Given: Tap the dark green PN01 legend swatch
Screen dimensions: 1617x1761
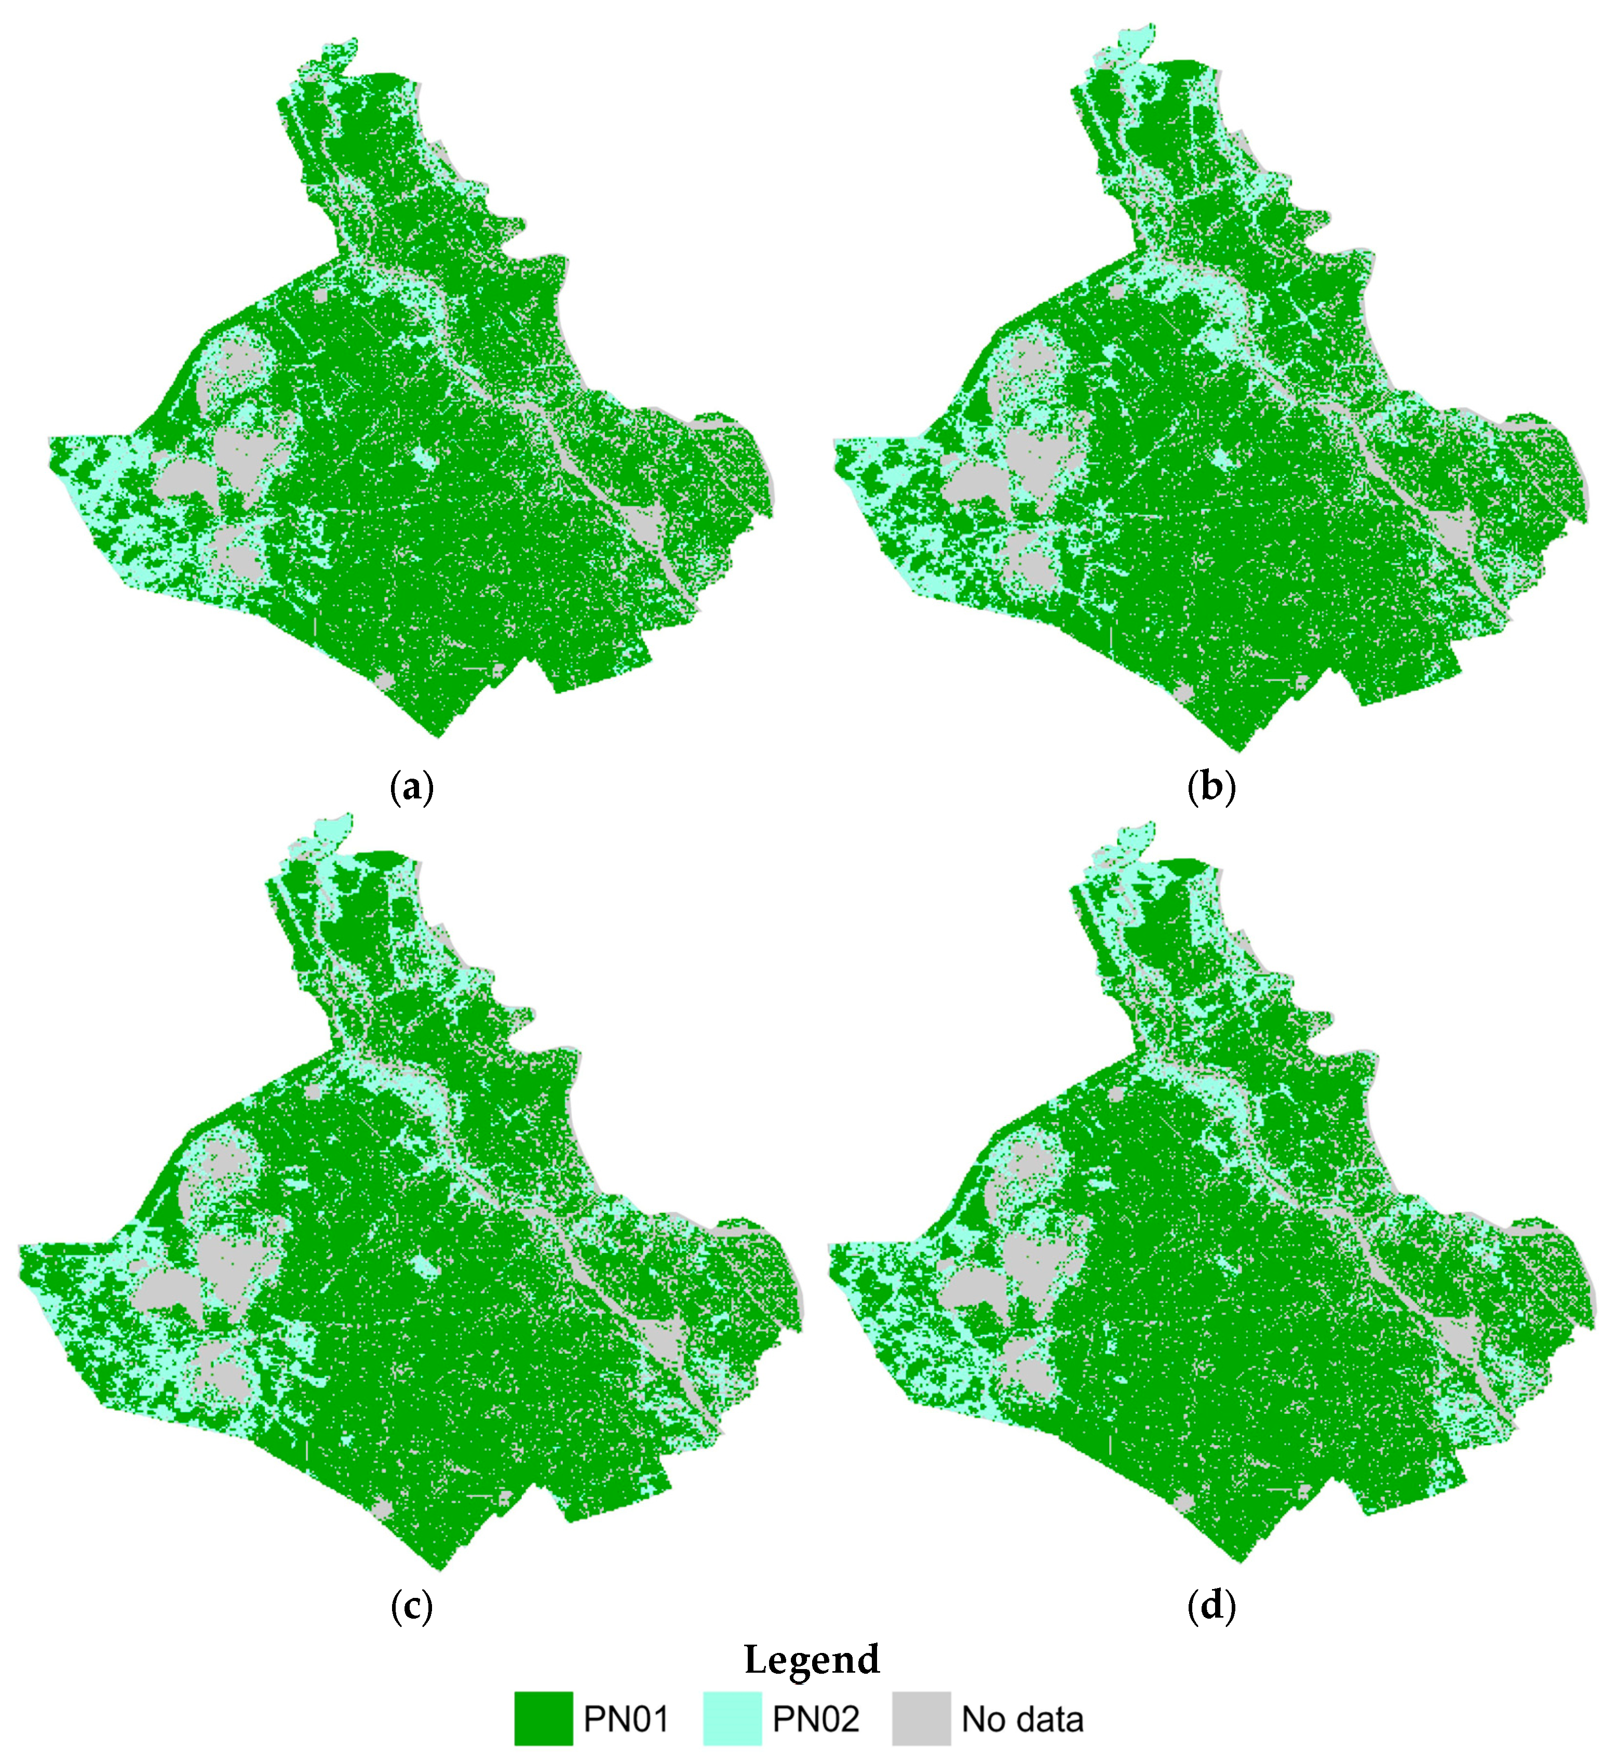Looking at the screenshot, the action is pyautogui.click(x=543, y=1718).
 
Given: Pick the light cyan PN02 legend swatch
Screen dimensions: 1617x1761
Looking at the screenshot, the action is pyautogui.click(x=732, y=1718).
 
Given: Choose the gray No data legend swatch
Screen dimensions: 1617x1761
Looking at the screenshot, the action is pyautogui.click(x=921, y=1718).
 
